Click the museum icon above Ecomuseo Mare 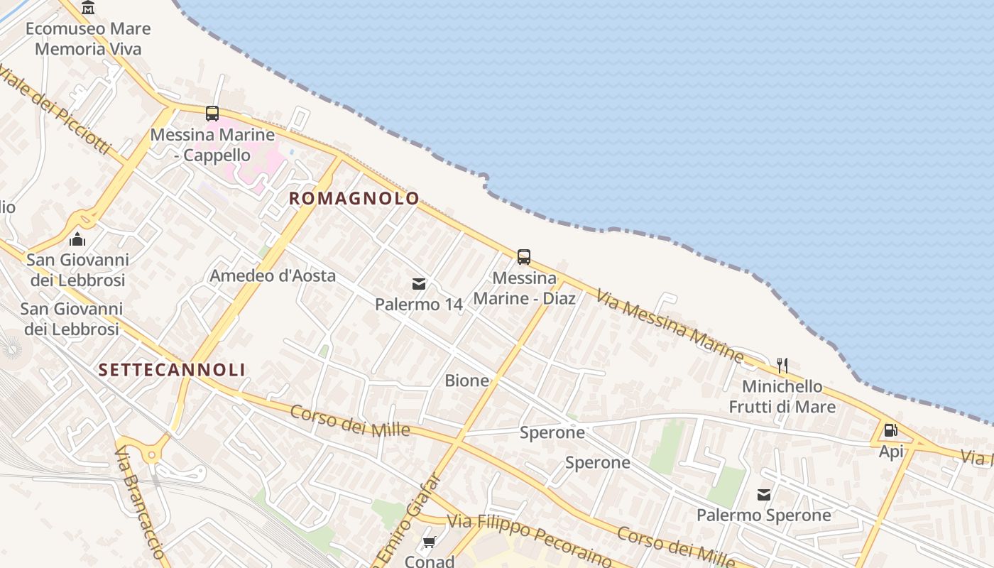[x=88, y=8]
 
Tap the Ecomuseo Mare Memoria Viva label [x=88, y=39]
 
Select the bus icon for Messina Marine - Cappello [x=212, y=113]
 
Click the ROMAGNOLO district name [x=354, y=199]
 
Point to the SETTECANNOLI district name [x=173, y=370]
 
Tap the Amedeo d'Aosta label [x=273, y=275]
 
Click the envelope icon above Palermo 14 [x=419, y=284]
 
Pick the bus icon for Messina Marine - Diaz [x=524, y=257]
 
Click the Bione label [x=467, y=381]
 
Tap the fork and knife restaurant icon [x=782, y=366]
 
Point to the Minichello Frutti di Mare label [x=782, y=397]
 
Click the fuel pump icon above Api [x=890, y=430]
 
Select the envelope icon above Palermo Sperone [x=764, y=495]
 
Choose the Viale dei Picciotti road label [x=55, y=110]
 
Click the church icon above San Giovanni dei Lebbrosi [x=77, y=239]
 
